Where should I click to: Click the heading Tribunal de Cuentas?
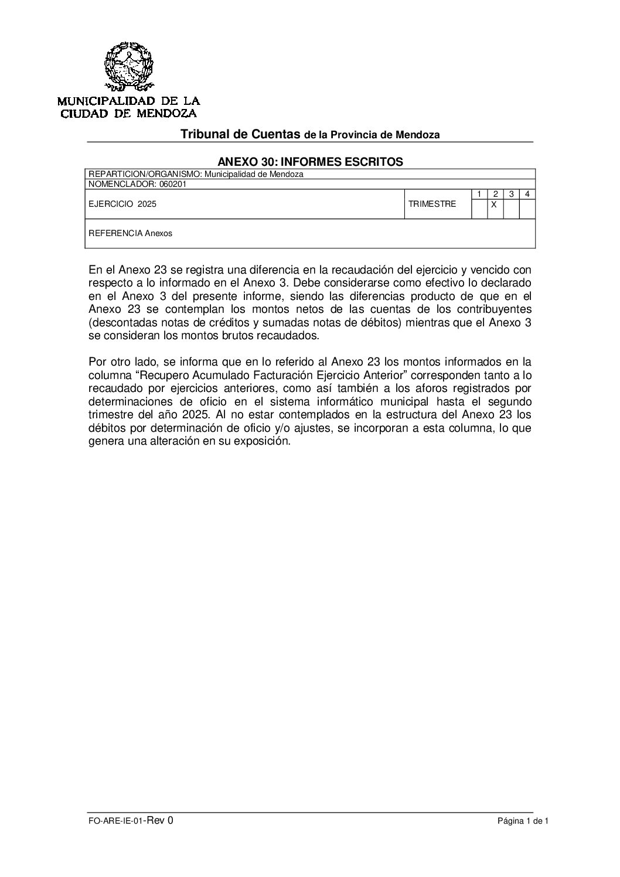point(240,134)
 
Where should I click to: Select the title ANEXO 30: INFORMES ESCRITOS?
point(310,162)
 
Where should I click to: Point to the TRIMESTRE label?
point(432,204)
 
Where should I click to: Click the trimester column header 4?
point(527,194)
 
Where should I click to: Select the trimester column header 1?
point(479,194)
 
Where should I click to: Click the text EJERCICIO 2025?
point(122,204)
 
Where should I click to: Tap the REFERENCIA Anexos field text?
point(130,233)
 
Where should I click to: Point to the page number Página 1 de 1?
point(522,821)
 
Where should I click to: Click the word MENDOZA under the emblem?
point(167,113)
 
